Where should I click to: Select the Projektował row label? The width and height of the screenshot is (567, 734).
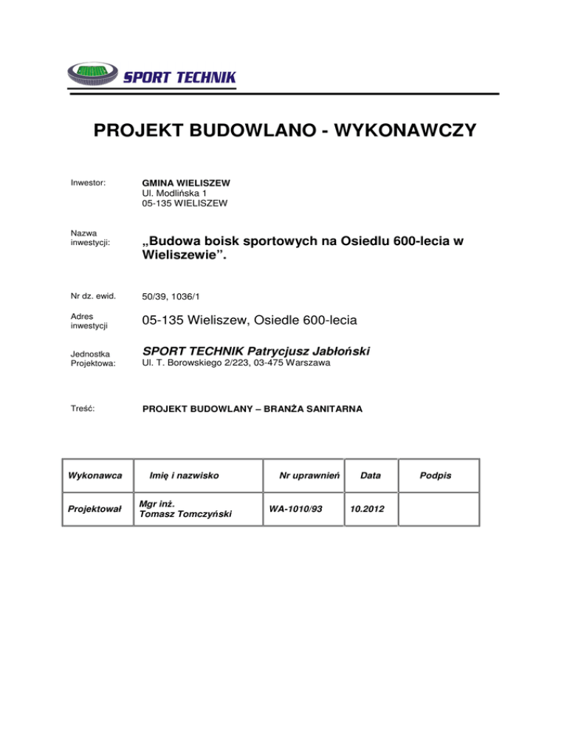95,510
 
